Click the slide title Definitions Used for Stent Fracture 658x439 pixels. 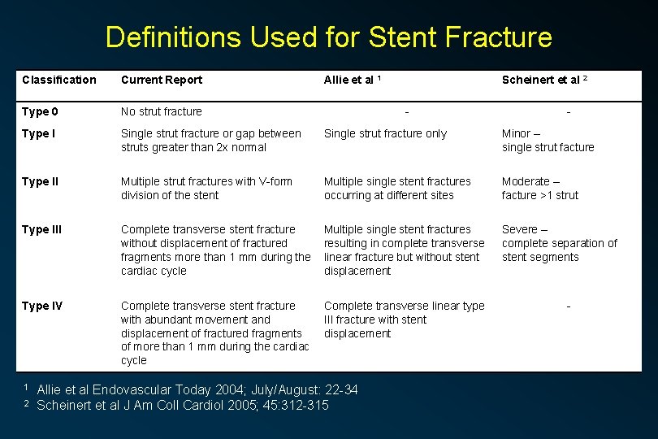tap(328, 37)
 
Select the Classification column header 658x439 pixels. tap(59, 80)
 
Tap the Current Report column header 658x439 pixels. tap(162, 80)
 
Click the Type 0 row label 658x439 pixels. tap(40, 111)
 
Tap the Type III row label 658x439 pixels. tap(41, 229)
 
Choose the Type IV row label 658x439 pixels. tap(42, 306)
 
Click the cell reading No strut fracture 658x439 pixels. tap(162, 111)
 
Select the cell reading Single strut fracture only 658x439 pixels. tap(385, 133)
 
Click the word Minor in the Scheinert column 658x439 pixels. tap(516, 133)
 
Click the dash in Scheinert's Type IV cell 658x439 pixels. tap(569, 306)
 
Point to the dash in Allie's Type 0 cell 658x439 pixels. tap(407, 112)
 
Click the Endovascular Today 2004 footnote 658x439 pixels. tap(197, 390)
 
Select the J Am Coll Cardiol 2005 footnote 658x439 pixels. tap(183, 405)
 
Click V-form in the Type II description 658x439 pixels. tap(275, 181)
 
